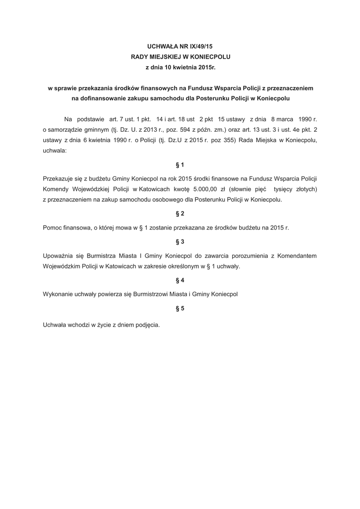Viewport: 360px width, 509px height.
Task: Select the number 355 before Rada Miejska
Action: pos(227,141)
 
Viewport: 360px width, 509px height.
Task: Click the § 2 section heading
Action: pos(180,214)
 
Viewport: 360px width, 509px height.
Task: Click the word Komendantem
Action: pos(295,255)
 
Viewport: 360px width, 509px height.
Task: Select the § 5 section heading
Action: pos(180,309)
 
